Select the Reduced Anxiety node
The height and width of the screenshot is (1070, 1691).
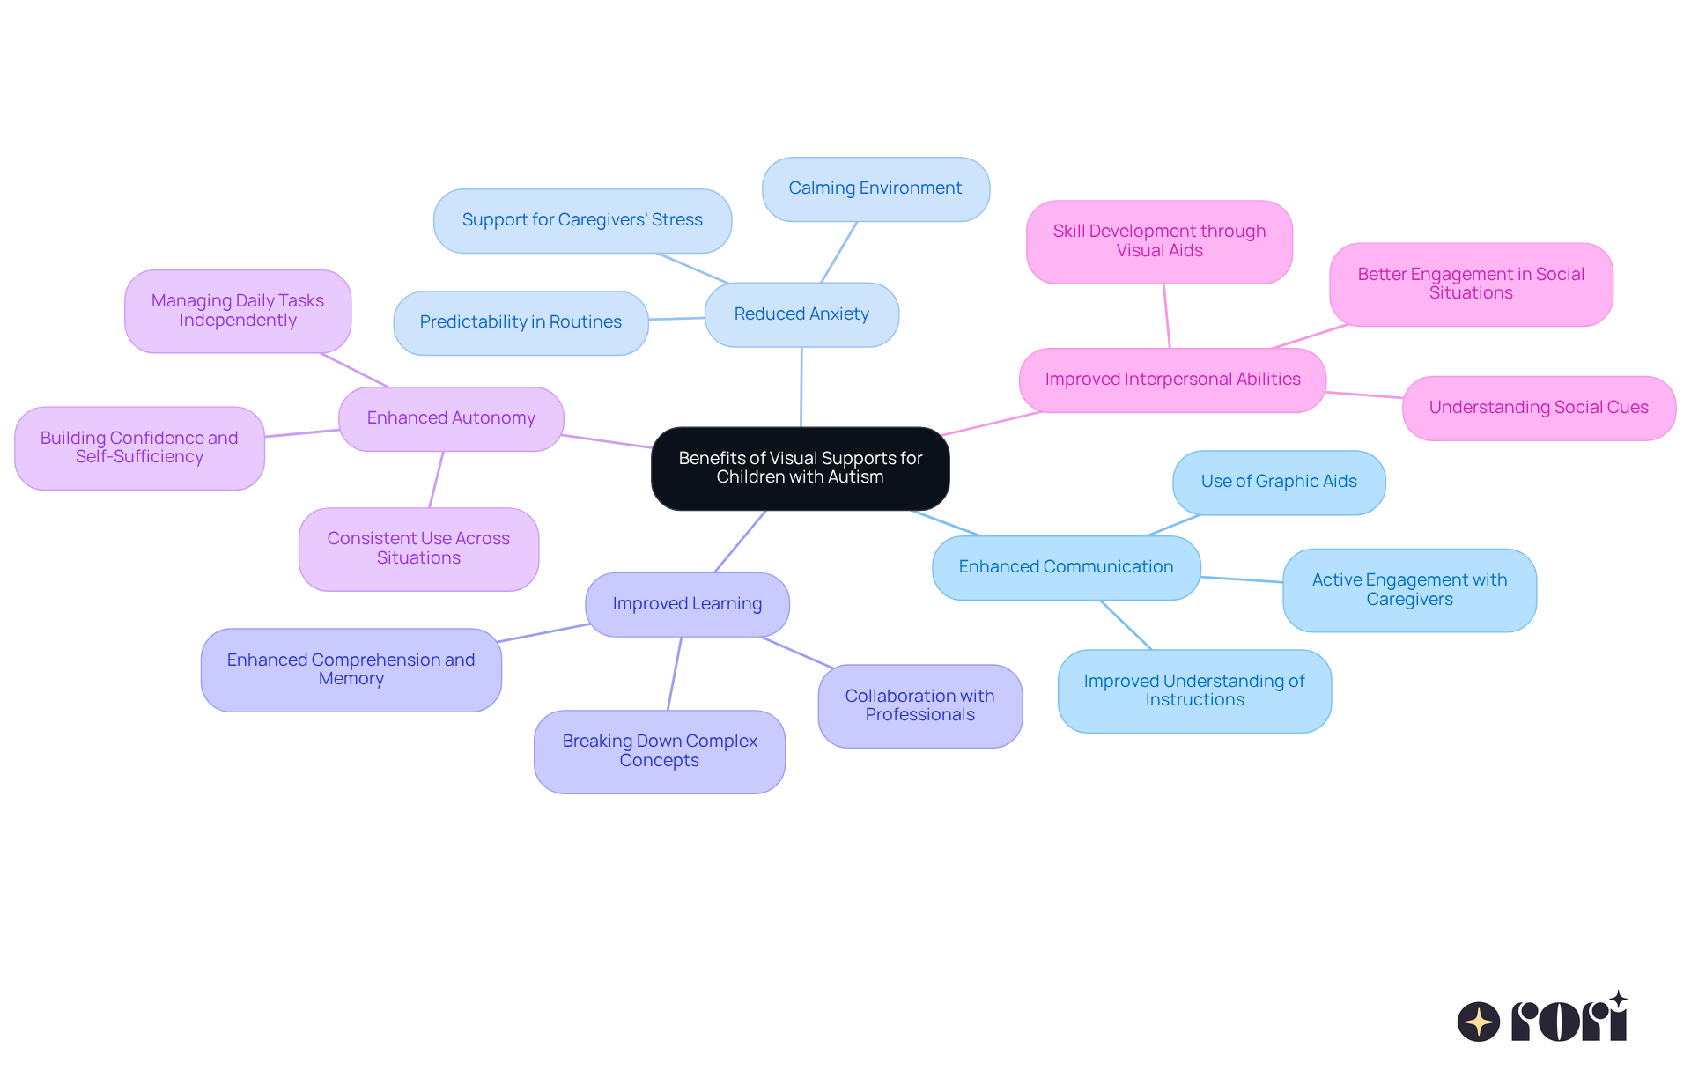801,314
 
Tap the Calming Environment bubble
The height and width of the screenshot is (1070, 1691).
875,188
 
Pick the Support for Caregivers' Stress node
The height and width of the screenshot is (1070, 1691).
582,220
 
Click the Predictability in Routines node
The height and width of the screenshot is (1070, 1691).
521,322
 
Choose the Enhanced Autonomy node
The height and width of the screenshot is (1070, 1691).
451,418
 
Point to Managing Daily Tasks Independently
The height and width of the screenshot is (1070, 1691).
238,311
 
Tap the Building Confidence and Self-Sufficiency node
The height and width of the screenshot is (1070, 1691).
139,447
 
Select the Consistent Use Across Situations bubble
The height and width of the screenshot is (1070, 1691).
418,549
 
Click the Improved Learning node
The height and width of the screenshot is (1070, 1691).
687,604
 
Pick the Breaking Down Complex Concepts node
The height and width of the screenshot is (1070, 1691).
660,751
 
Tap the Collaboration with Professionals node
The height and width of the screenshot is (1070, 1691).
919,705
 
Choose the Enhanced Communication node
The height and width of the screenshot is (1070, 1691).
1066,567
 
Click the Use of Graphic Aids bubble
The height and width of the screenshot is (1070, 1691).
1279,482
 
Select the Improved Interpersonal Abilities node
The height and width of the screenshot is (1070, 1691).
1172,380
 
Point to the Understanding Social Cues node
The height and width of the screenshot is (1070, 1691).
1539,408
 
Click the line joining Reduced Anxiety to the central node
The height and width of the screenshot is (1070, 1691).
801,387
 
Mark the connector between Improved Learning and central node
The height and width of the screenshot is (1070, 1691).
740,542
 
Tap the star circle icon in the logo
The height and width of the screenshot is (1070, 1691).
1479,1022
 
